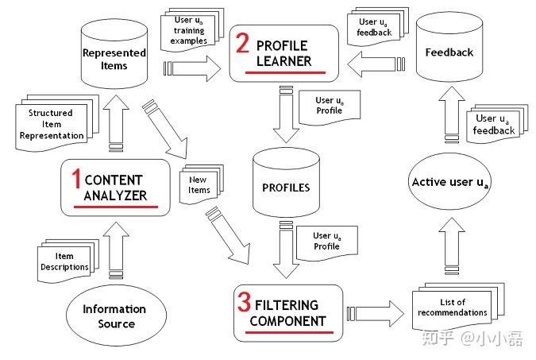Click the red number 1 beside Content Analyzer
76,178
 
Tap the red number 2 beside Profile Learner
242,43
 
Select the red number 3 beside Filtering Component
244,302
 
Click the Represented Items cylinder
114,54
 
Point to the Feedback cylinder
449,47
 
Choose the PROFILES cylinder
286,183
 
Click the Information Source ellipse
116,315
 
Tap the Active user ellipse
449,181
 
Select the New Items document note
202,184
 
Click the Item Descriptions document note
67,261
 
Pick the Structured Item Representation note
57,123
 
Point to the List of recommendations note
458,307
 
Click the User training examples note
192,30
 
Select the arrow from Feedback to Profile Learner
376,64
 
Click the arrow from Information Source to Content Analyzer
116,250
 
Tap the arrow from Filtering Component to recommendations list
376,313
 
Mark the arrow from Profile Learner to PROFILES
286,114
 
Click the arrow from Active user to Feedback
452,114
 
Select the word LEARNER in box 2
283,61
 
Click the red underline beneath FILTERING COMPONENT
289,332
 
